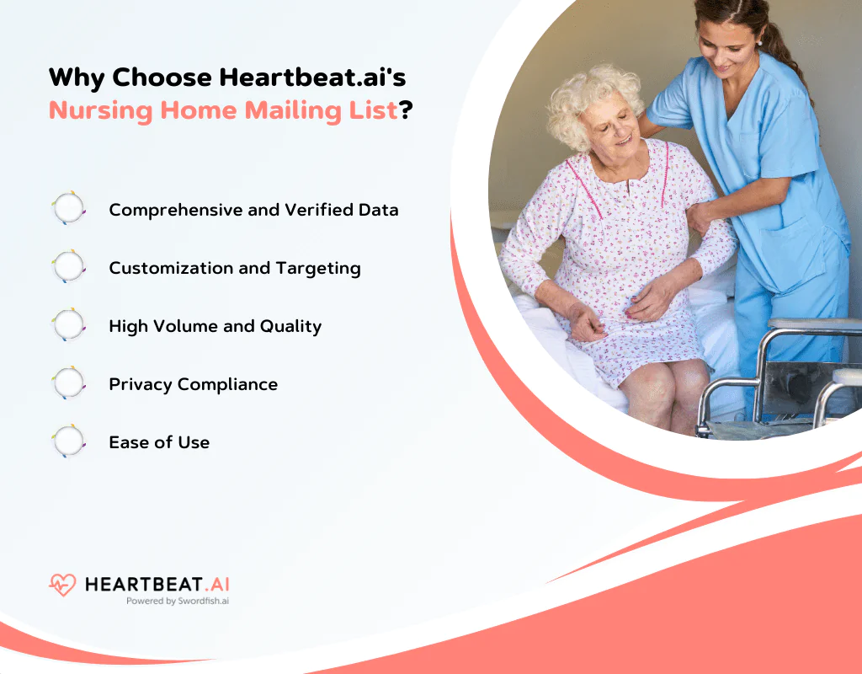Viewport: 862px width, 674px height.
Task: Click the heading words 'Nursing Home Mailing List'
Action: point(222,110)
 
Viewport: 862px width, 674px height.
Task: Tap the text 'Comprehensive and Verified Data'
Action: point(253,210)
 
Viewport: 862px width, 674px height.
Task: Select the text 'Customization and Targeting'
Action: point(235,268)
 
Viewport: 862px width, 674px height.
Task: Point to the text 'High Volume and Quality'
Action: point(215,326)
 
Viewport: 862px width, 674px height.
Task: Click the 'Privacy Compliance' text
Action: point(193,384)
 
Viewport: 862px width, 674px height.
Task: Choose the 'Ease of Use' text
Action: point(159,442)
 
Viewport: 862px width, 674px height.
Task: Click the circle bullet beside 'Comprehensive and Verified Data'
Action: point(69,209)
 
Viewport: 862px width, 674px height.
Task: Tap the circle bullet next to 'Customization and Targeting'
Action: point(69,267)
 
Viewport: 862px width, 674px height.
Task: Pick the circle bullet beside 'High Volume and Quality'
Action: point(69,325)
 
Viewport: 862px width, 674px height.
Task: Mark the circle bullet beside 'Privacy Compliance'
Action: point(69,383)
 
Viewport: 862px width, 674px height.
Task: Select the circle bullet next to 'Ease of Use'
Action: point(69,441)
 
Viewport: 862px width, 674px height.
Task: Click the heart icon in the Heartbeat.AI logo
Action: point(62,585)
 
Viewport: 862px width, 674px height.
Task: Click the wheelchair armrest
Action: point(812,324)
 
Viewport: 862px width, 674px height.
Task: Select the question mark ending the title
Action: point(405,110)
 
